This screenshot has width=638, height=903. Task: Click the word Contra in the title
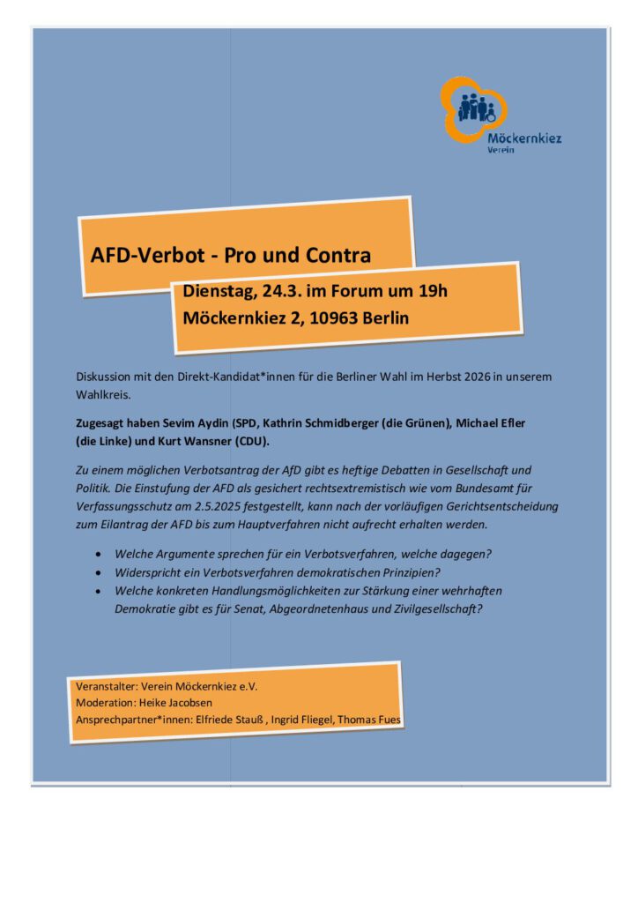[x=336, y=256]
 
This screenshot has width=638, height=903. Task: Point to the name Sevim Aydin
[x=189, y=423]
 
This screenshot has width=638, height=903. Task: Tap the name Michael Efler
[x=489, y=423]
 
